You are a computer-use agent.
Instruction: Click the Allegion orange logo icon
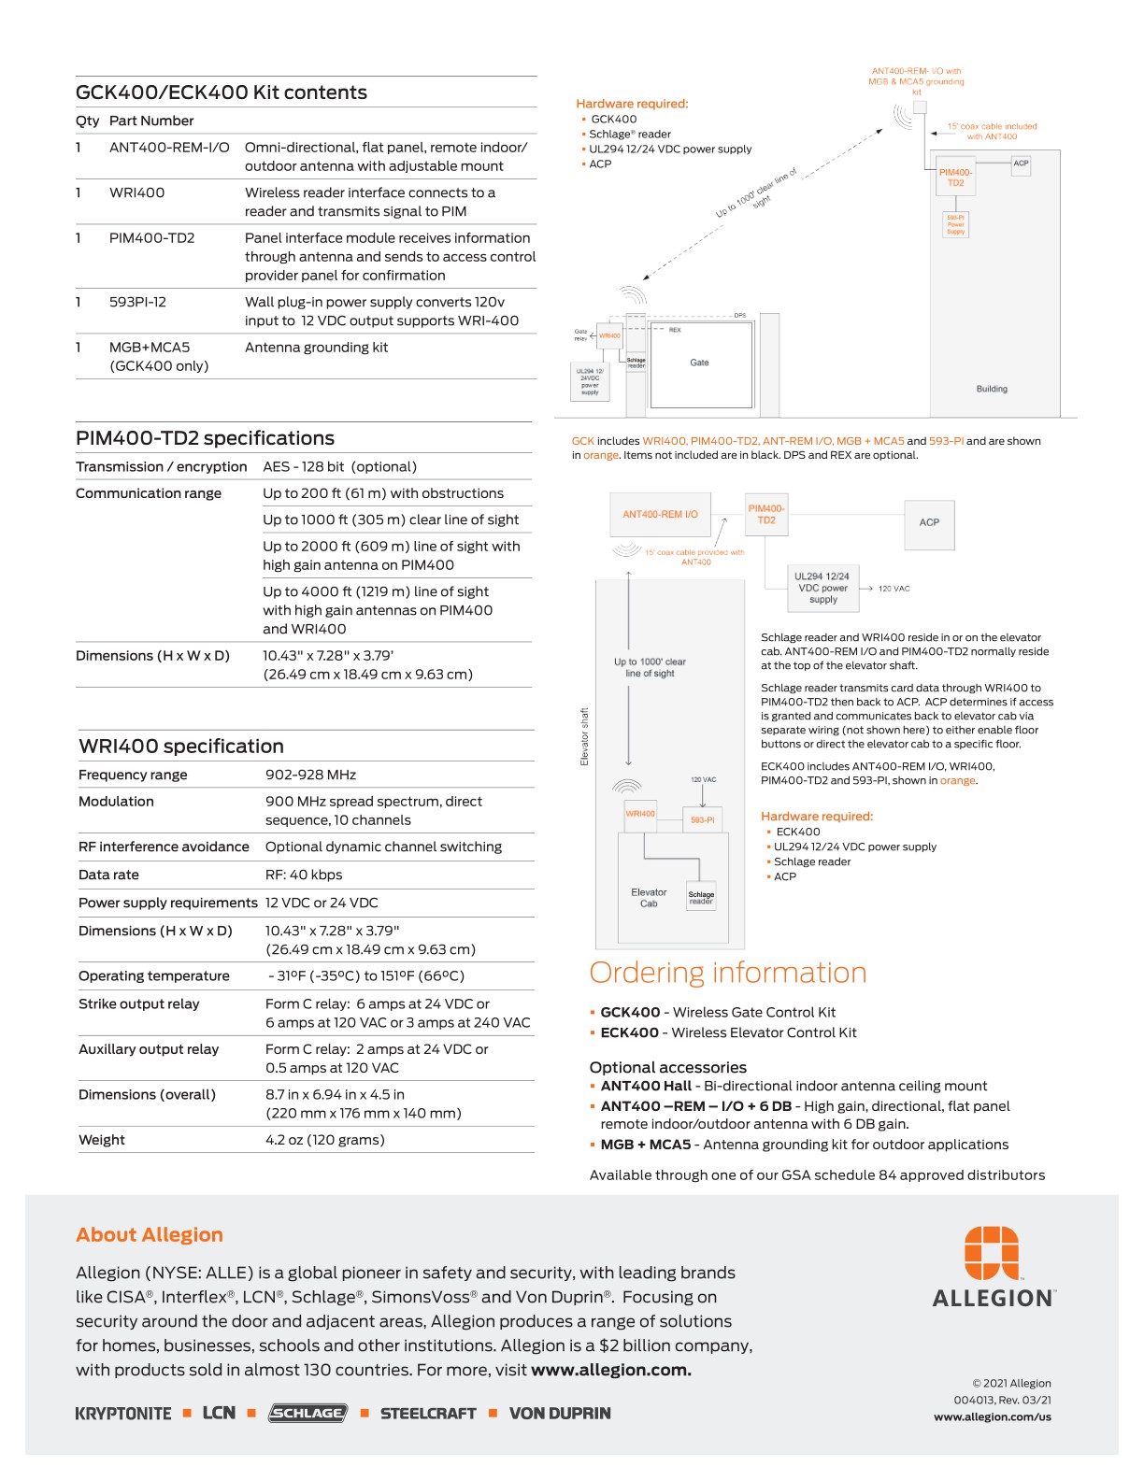point(992,1252)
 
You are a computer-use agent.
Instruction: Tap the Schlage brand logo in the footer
point(307,1413)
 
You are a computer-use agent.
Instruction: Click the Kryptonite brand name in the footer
point(123,1414)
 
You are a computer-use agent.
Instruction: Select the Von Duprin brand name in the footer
point(559,1414)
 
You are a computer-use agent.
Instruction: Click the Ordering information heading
point(727,973)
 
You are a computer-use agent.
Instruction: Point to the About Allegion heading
point(150,1234)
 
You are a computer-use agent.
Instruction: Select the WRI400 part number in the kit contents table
point(136,192)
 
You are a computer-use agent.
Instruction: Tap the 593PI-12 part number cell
point(137,302)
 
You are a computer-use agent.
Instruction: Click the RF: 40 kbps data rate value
point(304,875)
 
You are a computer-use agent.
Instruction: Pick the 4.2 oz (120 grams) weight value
point(324,1140)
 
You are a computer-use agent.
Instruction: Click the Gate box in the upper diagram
point(699,363)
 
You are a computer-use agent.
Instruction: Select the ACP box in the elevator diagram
point(929,522)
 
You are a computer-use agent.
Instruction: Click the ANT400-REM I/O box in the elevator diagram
point(660,514)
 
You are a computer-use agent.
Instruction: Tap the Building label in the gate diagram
point(992,389)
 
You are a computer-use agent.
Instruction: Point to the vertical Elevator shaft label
point(585,736)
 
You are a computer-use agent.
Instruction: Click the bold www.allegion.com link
point(610,1370)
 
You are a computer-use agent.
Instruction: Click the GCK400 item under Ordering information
point(630,1012)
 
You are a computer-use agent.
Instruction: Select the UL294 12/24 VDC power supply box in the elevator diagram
point(822,588)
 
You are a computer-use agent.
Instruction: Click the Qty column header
point(87,121)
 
